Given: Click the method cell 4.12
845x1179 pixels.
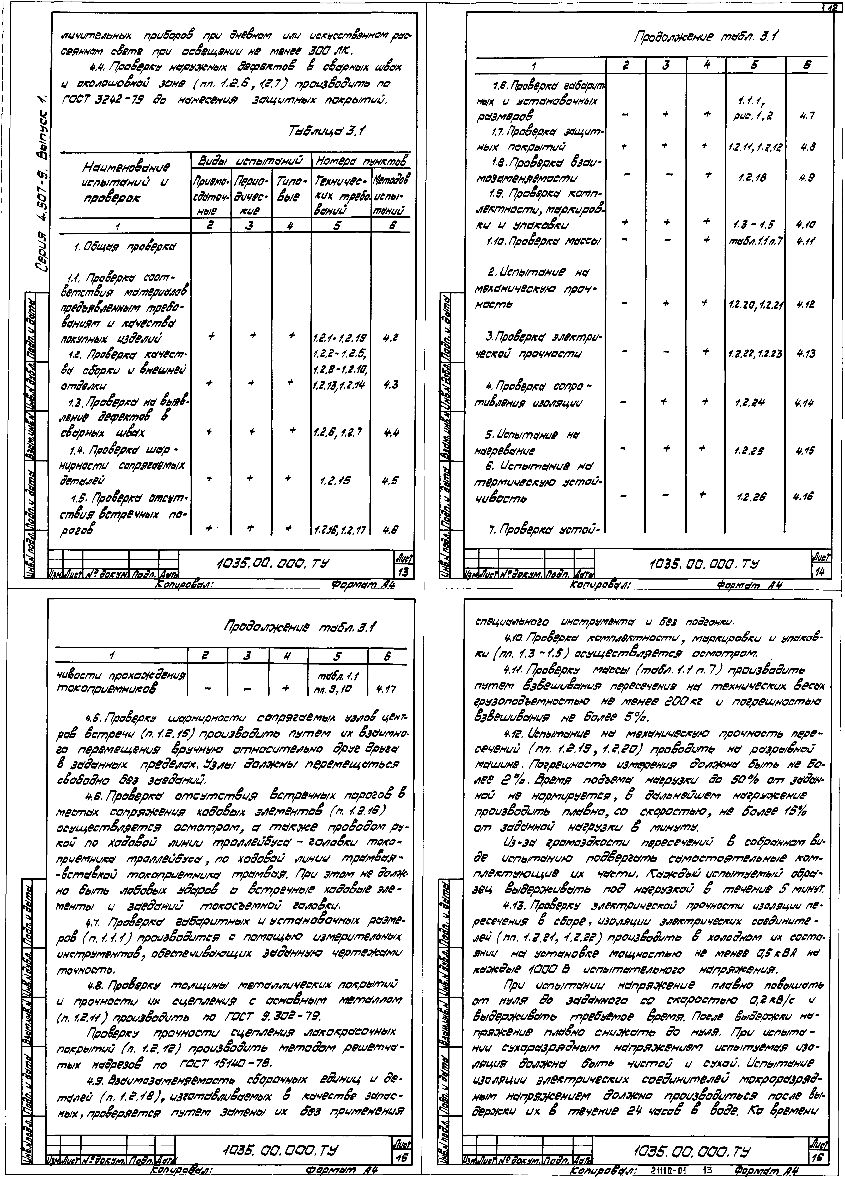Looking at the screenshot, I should pyautogui.click(x=807, y=305).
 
